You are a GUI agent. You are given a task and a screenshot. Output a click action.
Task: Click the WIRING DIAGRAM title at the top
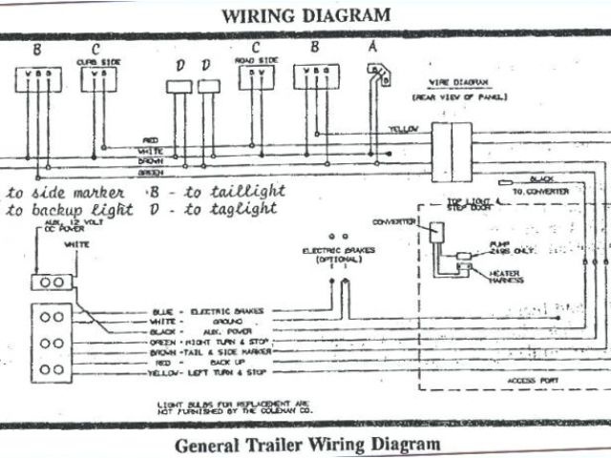(x=305, y=15)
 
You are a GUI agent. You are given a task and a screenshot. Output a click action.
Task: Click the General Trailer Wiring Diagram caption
(x=307, y=445)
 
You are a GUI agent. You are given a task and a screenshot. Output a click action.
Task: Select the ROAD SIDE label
(x=255, y=60)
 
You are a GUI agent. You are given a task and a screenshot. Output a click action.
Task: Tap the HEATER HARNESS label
(x=507, y=276)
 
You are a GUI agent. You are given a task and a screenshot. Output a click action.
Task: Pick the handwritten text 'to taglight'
(x=235, y=210)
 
